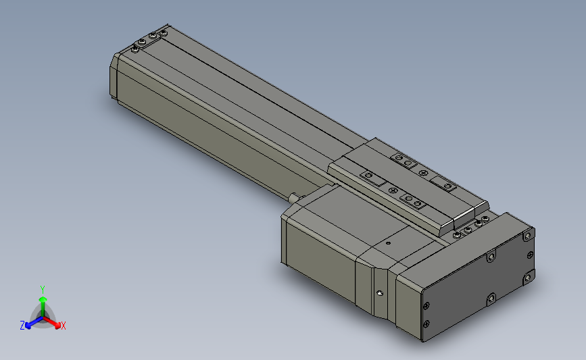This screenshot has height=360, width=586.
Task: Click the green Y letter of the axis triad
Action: [x=43, y=289]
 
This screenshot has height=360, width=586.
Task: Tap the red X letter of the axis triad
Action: [x=63, y=326]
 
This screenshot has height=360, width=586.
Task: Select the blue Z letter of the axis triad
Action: [x=22, y=326]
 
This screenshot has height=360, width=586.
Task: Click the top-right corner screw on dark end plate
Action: [x=527, y=236]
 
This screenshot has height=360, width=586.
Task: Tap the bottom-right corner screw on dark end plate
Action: [x=528, y=278]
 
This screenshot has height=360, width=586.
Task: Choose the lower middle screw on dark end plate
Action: [x=491, y=298]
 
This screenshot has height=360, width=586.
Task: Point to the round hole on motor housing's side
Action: [x=379, y=293]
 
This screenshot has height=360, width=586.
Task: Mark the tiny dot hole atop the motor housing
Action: [x=388, y=242]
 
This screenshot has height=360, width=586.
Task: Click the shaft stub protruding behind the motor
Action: [x=294, y=197]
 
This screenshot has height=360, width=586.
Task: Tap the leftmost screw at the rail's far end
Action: [x=138, y=48]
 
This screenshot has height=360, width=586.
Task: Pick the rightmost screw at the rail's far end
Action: [x=164, y=32]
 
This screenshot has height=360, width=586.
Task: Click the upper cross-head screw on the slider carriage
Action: [x=424, y=174]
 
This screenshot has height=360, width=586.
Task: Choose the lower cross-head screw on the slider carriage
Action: [x=393, y=191]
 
